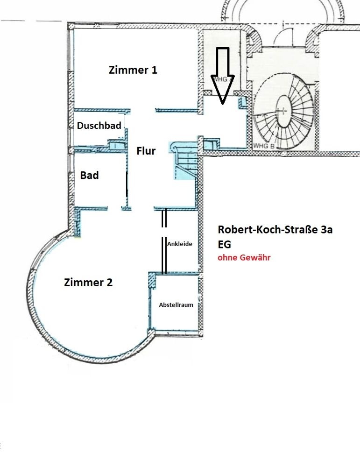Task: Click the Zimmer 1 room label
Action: pos(133,70)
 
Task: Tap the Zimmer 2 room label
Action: pos(88,283)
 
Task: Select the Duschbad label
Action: pos(99,126)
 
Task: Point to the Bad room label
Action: pos(89,176)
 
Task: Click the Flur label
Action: pos(146,151)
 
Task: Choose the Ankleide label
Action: pos(179,244)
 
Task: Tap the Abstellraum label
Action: pos(176,304)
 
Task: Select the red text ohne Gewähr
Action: pos(244,257)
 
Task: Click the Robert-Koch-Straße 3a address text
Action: pos(275,230)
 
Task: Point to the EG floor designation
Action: pos(224,244)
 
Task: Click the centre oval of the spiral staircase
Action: pos(283,111)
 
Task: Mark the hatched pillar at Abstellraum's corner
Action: pos(151,282)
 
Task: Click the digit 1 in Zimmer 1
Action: pos(154,70)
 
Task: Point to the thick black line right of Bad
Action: pos(127,185)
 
